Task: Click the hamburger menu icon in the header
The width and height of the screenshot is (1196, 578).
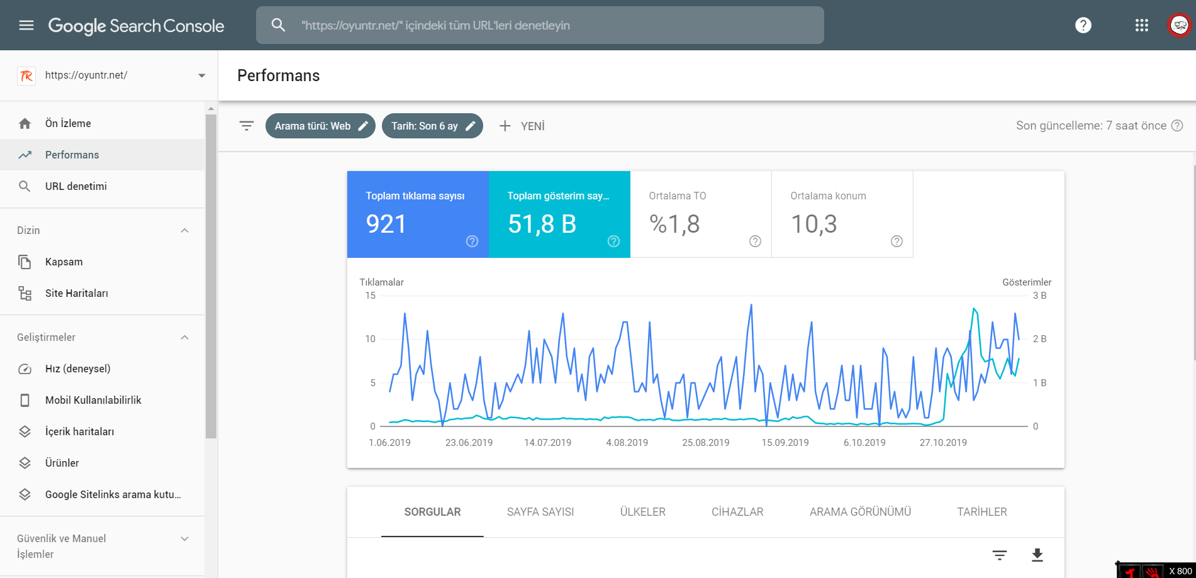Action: [26, 25]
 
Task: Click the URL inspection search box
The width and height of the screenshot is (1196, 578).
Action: [540, 25]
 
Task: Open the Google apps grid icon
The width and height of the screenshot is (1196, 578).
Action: [1142, 25]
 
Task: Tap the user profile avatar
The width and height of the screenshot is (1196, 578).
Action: [1180, 25]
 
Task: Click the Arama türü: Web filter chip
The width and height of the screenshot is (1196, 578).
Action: [320, 126]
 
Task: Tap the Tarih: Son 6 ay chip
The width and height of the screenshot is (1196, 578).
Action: [432, 126]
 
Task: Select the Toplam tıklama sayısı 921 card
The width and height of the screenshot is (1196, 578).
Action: [418, 214]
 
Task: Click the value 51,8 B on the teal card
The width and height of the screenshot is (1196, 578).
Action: [542, 225]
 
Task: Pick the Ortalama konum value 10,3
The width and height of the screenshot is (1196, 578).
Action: [813, 225]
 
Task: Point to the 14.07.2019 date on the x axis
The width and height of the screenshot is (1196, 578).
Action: [548, 443]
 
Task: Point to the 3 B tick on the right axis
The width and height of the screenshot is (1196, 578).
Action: [1040, 296]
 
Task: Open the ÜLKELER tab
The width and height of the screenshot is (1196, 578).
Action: [643, 512]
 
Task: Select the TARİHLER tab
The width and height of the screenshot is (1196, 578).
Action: [982, 512]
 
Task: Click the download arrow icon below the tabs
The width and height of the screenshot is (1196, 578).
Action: [1037, 555]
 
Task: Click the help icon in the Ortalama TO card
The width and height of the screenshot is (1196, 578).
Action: [756, 242]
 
